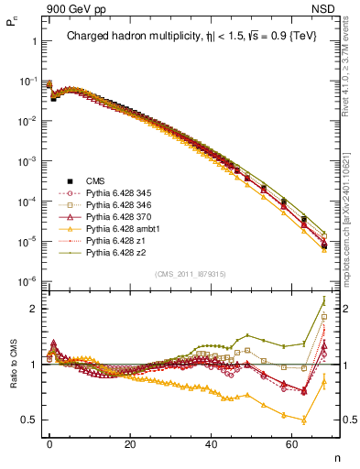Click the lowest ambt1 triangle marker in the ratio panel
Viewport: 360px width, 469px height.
303,420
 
